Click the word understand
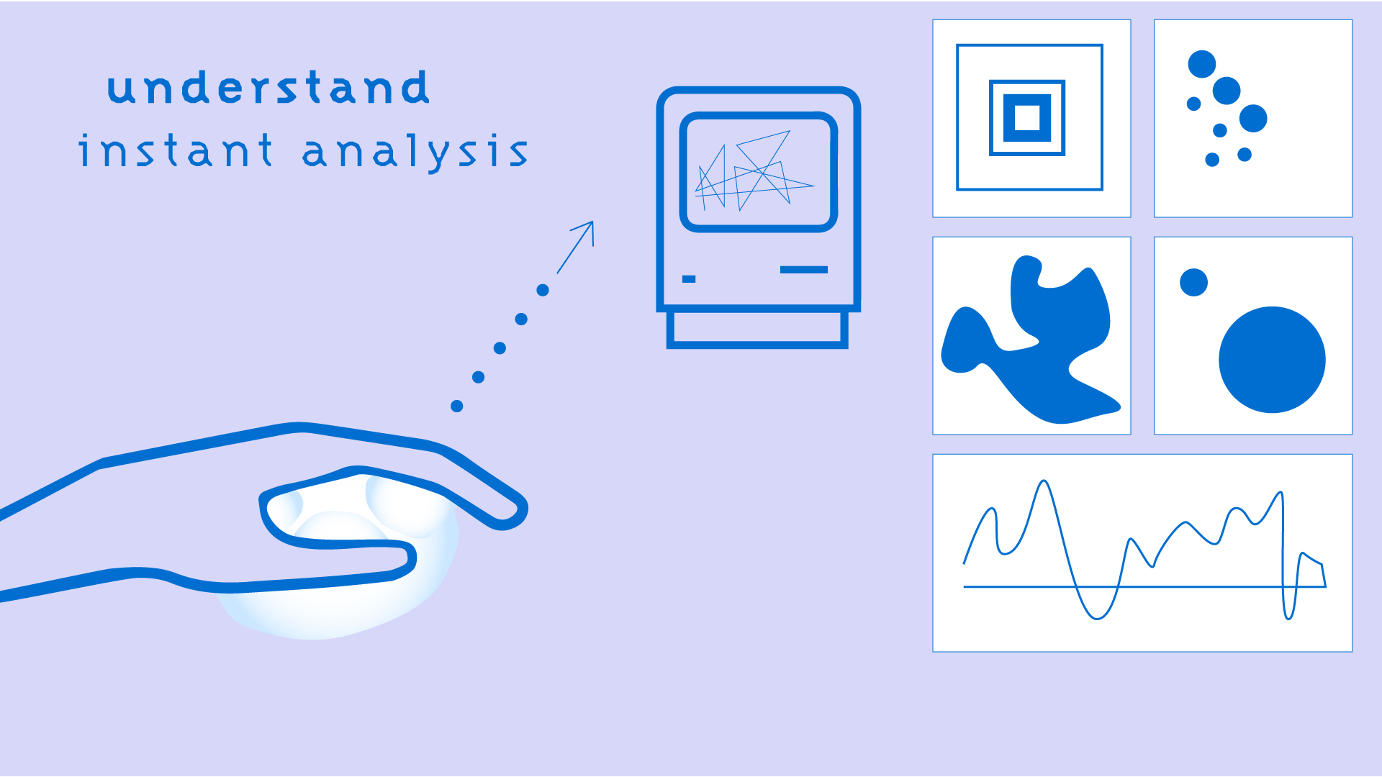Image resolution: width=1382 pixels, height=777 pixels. pyautogui.click(x=268, y=88)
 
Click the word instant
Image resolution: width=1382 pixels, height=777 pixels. pyautogui.click(x=176, y=150)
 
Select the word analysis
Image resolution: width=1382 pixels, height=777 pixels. pyautogui.click(x=415, y=153)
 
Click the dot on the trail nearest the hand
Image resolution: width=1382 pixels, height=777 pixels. pyautogui.click(x=456, y=406)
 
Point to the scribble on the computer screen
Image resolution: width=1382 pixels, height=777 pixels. pyautogui.click(x=754, y=171)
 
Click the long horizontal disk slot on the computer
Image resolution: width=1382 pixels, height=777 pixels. pyautogui.click(x=803, y=270)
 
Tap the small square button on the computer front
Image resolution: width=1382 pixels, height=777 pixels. pyautogui.click(x=689, y=279)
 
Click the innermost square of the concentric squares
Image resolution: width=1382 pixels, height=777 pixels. pyautogui.click(x=1027, y=117)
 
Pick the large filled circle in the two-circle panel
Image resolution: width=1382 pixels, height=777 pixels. pyautogui.click(x=1272, y=360)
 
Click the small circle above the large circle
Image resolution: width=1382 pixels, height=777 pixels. pyautogui.click(x=1193, y=282)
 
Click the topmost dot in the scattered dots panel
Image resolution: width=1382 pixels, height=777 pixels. pyautogui.click(x=1201, y=64)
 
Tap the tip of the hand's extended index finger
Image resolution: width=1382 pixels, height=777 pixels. pyautogui.click(x=520, y=512)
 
